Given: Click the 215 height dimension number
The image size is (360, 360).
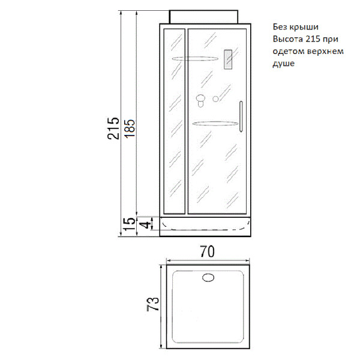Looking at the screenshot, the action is [x=113, y=128].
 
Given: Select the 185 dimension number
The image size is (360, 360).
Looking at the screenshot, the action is [x=130, y=128].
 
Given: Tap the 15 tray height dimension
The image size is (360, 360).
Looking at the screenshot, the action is [x=128, y=224].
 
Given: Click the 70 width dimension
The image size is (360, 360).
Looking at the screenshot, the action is [x=207, y=251].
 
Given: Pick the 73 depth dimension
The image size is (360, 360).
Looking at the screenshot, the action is [x=153, y=304].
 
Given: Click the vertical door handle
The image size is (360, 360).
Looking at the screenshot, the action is [x=241, y=116].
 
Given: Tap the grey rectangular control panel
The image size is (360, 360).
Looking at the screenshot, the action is [x=228, y=59].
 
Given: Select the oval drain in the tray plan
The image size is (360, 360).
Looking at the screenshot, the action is [x=208, y=278].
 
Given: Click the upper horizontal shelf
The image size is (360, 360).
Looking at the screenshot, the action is [x=195, y=59].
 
